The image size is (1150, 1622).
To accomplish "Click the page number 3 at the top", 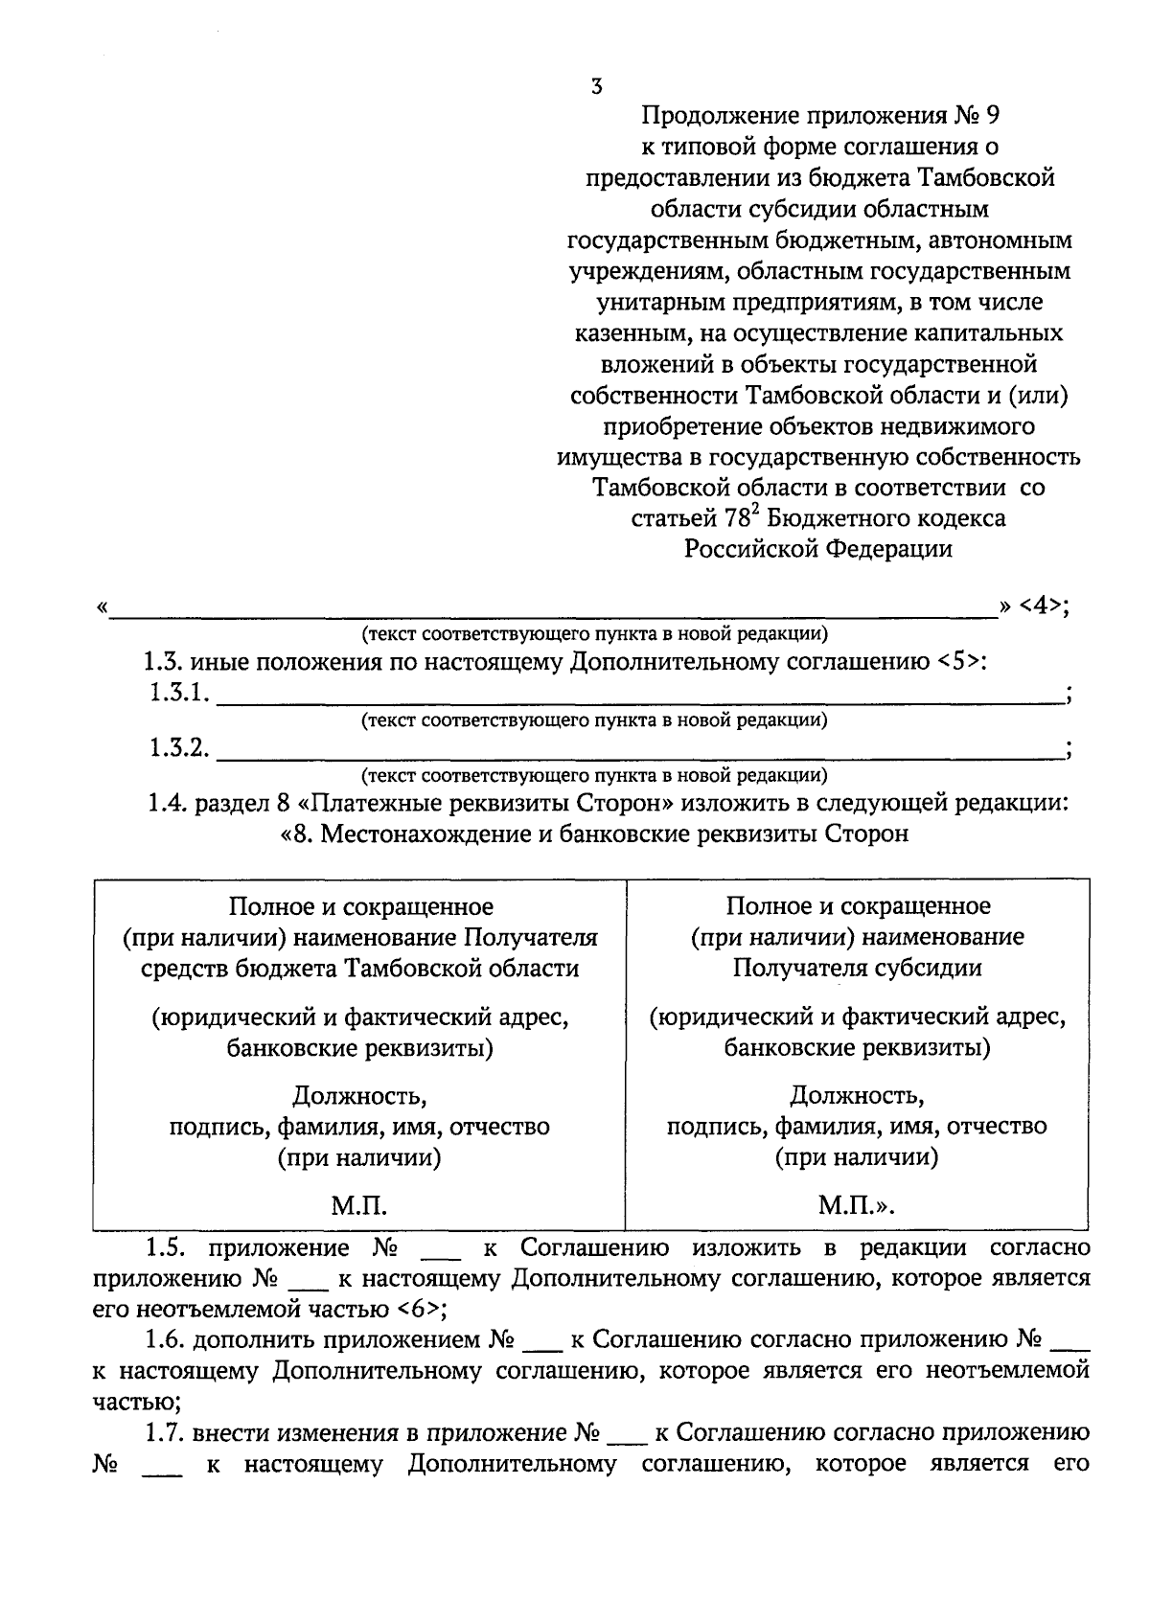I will coord(597,87).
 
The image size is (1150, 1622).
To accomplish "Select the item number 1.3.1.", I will coord(179,693).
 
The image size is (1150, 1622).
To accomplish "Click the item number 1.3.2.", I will coord(179,748).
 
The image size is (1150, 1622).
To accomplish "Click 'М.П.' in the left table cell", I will coord(359,1206).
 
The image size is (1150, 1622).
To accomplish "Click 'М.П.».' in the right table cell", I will coord(857,1206).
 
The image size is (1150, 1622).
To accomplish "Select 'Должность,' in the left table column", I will coord(359,1094).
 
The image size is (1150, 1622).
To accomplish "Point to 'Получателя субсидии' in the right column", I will coord(857,968).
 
